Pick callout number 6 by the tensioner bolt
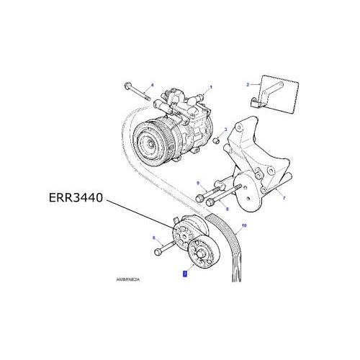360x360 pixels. click(153, 237)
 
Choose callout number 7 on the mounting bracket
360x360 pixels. click(283, 197)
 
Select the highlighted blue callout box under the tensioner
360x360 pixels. click(185, 274)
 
